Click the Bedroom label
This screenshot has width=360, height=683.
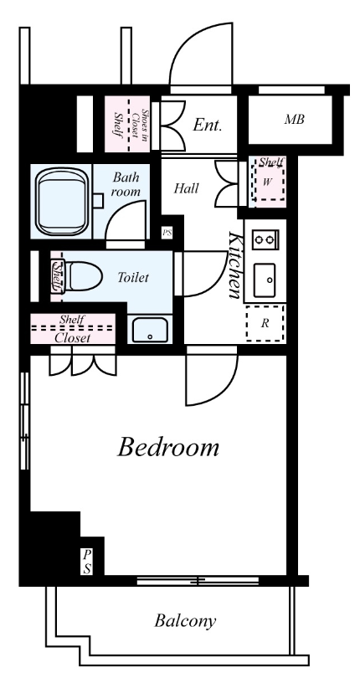pyautogui.click(x=167, y=447)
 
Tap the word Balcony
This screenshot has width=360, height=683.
pyautogui.click(x=185, y=621)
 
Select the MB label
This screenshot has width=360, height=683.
pyautogui.click(x=294, y=120)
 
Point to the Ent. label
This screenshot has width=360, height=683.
pyautogui.click(x=208, y=126)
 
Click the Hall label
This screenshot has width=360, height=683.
pyautogui.click(x=187, y=188)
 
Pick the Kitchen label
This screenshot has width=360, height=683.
pyautogui.click(x=235, y=265)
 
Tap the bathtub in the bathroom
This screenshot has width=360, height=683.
pyautogui.click(x=60, y=202)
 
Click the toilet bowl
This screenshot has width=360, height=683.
pyautogui.click(x=83, y=276)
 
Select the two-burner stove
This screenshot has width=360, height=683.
pyautogui.click(x=265, y=239)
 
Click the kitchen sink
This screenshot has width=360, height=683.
pyautogui.click(x=265, y=280)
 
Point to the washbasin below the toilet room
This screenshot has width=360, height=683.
pyautogui.click(x=150, y=330)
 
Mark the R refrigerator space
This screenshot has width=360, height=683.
pyautogui.click(x=265, y=324)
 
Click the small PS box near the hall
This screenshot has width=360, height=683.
pyautogui.click(x=167, y=233)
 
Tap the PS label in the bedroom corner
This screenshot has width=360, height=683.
pyautogui.click(x=87, y=562)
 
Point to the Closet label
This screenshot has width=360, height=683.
pyautogui.click(x=73, y=338)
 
